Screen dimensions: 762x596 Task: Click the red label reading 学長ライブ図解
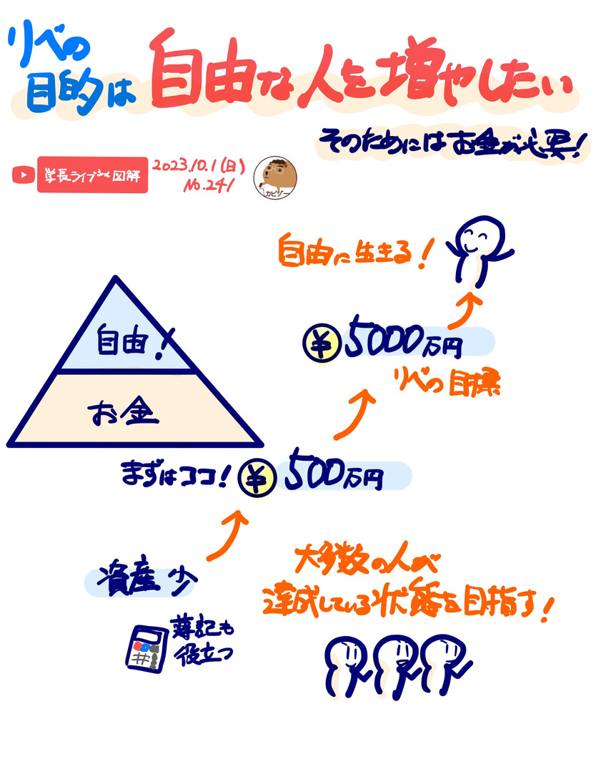point(92,175)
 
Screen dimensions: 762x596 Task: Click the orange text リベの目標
point(448,383)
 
